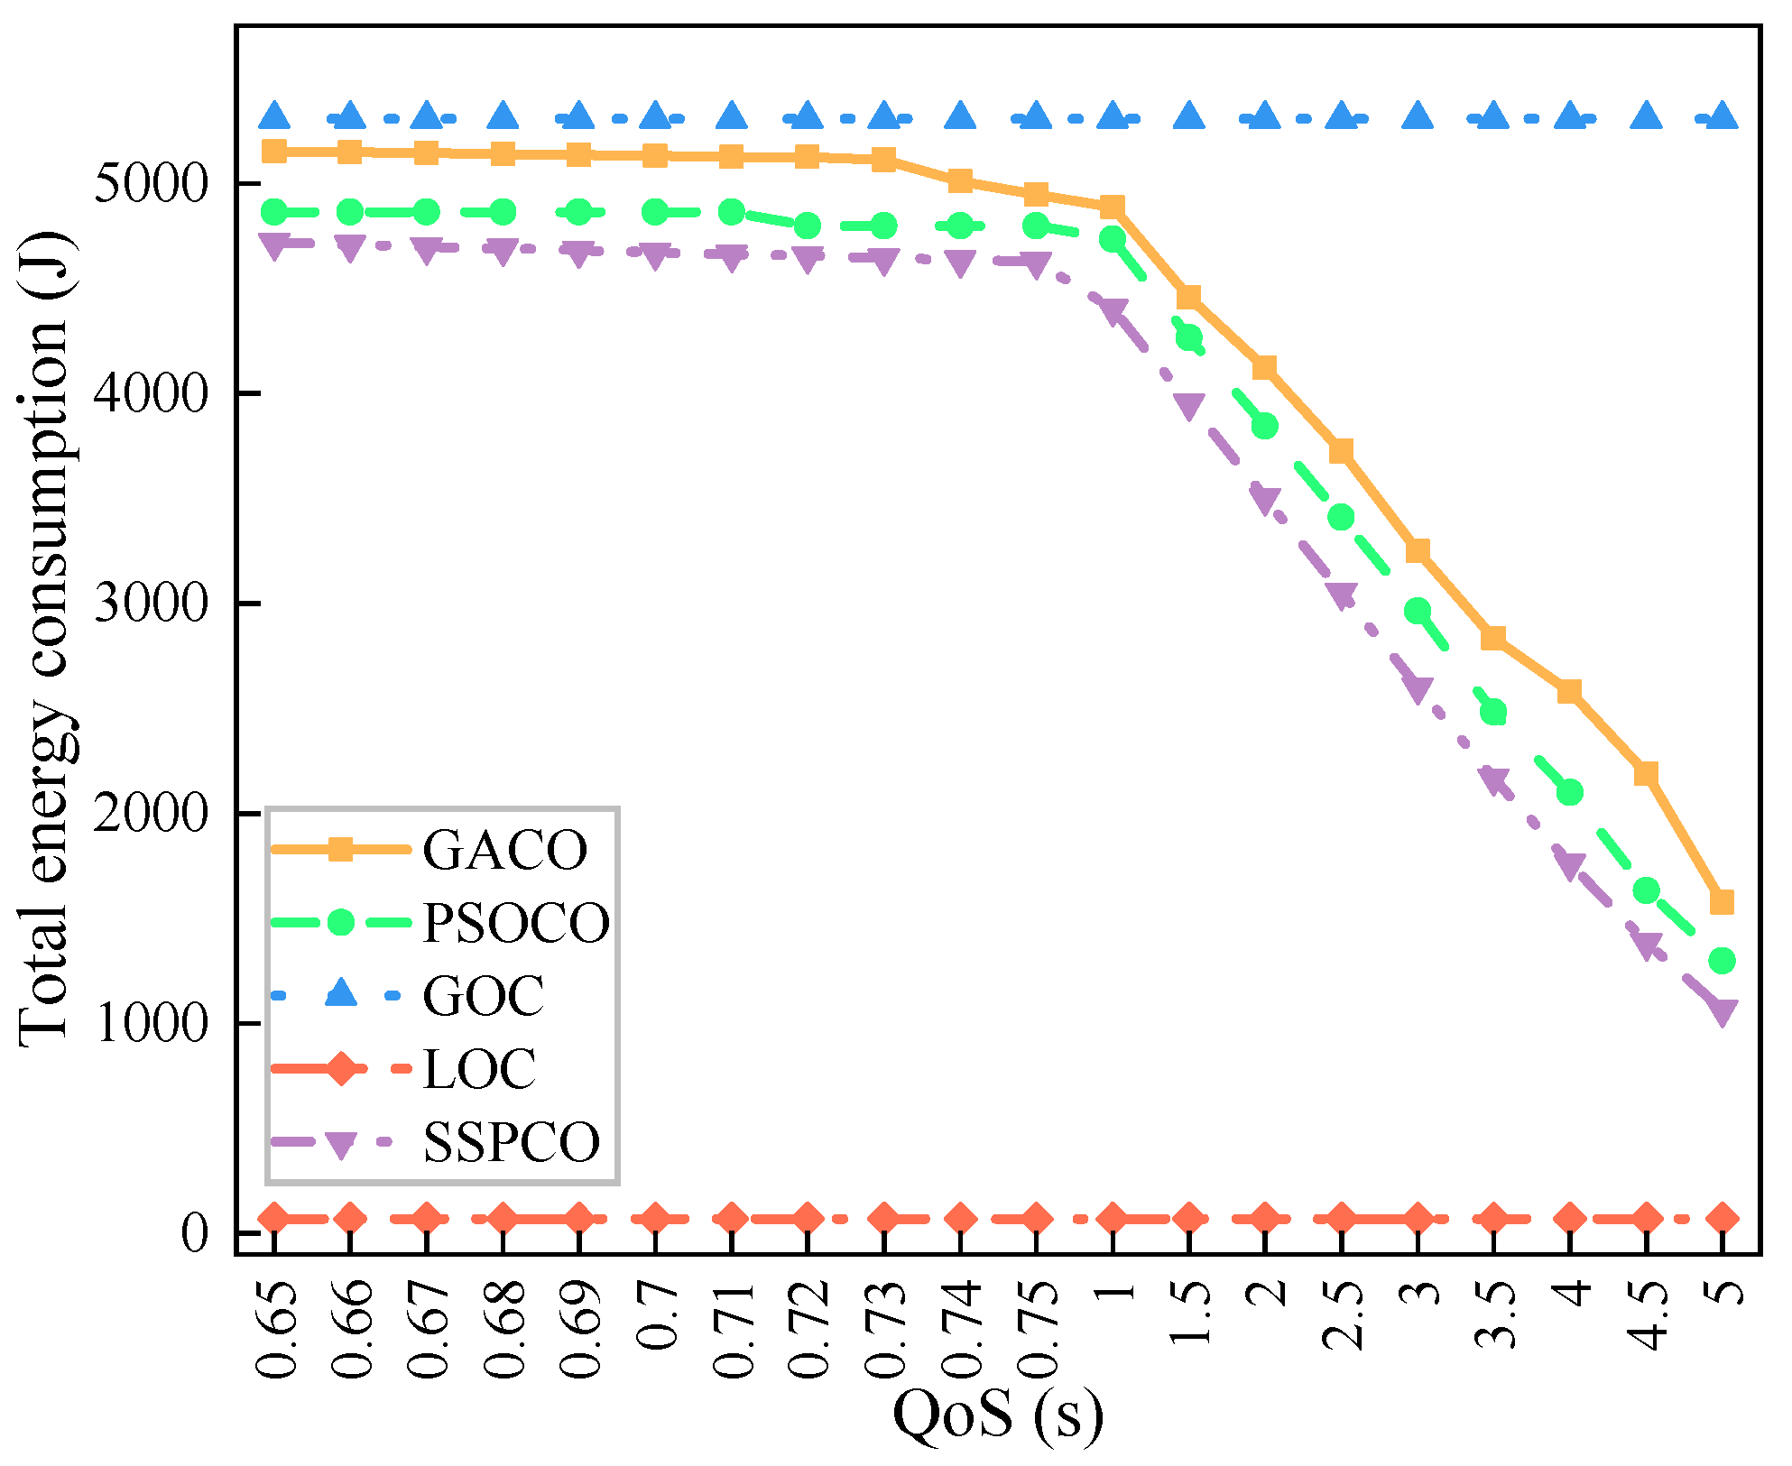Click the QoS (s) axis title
pos(998,1415)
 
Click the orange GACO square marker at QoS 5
pos(1723,902)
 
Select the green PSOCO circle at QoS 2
pos(1265,425)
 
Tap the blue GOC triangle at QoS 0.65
pos(274,115)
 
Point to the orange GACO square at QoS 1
pos(1113,207)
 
